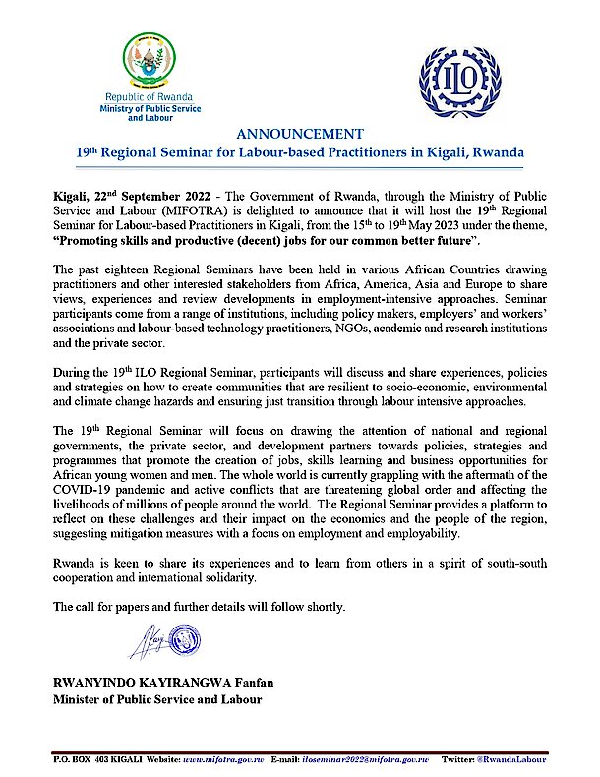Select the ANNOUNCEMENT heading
299,134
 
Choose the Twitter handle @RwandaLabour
530,761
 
